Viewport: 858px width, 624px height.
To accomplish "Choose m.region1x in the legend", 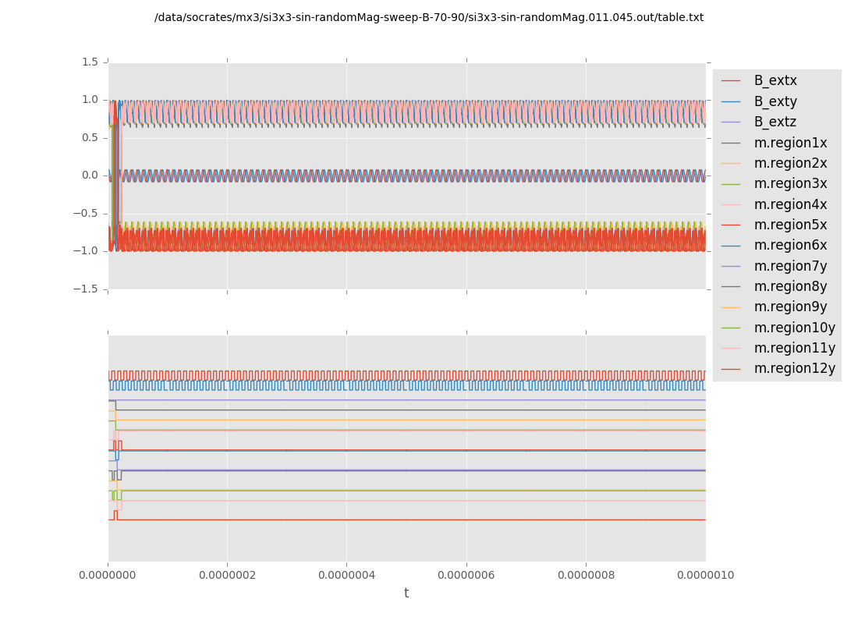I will coord(790,143).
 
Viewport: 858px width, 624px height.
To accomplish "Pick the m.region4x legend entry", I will coord(790,204).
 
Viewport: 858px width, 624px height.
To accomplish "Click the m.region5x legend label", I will coord(790,225).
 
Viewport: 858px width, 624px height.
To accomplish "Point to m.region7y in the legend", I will coord(790,266).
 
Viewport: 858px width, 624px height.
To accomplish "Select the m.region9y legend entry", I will coord(790,307).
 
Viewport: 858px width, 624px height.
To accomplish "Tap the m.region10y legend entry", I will coord(794,328).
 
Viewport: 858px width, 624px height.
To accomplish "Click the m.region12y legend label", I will coord(794,368).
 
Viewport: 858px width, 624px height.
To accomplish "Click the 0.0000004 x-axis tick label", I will coord(347,576).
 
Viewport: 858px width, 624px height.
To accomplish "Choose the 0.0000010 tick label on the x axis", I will coord(706,576).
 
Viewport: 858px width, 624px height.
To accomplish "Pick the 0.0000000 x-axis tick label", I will coord(108,576).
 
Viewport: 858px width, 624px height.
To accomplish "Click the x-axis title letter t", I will coord(406,594).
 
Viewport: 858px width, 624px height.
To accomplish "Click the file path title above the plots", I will coord(429,17).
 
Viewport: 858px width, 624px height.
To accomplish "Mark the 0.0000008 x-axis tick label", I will coord(587,576).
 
